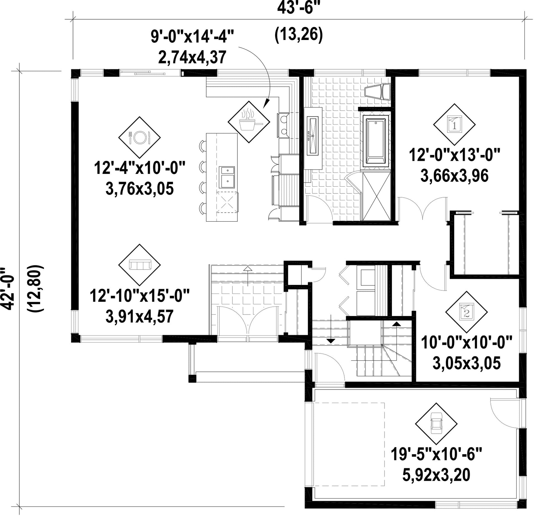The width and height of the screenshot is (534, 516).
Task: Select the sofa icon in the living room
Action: click(x=140, y=265)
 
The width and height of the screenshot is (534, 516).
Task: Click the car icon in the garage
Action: click(x=436, y=423)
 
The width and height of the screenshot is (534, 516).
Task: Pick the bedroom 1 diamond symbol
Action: click(x=454, y=124)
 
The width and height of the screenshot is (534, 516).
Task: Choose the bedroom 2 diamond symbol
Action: click(x=467, y=312)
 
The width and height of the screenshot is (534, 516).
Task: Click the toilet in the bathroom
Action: click(x=378, y=92)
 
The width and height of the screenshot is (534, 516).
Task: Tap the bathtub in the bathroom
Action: click(x=376, y=141)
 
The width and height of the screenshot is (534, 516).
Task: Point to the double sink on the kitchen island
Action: click(x=227, y=177)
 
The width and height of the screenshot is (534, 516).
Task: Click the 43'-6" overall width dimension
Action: click(x=299, y=8)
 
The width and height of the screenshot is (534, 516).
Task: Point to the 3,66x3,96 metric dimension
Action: click(x=454, y=176)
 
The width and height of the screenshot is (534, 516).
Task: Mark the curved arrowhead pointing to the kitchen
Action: click(x=266, y=103)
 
